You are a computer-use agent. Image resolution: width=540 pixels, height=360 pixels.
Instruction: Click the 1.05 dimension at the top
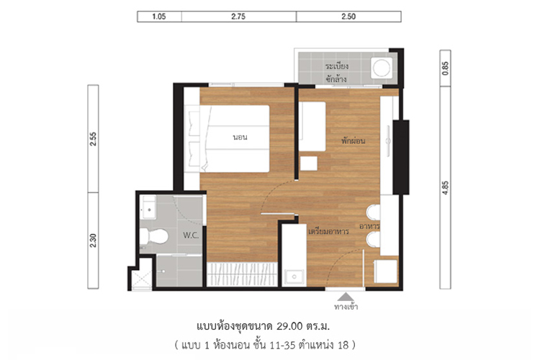point(159,17)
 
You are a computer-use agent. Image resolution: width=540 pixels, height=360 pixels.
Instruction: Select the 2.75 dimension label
point(238,17)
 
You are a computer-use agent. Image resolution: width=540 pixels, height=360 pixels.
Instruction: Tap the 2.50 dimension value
point(348,17)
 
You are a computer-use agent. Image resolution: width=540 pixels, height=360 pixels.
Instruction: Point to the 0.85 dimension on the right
point(445,68)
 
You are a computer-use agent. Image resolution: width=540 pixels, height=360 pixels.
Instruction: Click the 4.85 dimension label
point(445,188)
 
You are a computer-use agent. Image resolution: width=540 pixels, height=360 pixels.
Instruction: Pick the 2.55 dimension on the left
point(93,139)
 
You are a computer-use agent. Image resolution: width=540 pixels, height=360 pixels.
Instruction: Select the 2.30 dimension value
point(93,240)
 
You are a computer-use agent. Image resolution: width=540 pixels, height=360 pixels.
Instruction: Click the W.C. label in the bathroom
point(191,235)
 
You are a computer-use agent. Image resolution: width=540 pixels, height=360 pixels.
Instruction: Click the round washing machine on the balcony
point(382,68)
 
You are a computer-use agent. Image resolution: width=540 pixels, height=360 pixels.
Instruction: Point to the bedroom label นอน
point(240,137)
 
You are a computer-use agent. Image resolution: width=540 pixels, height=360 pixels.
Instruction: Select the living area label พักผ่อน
point(353,140)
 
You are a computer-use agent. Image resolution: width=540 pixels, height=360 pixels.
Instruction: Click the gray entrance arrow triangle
point(346,297)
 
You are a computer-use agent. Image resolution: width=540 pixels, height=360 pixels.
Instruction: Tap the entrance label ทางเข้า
point(346,306)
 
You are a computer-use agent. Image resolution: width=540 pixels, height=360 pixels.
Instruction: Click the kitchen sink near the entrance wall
point(294,276)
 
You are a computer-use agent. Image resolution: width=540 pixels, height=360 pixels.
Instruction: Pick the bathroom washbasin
point(149,207)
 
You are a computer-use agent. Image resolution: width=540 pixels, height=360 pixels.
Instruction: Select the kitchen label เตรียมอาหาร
point(328,232)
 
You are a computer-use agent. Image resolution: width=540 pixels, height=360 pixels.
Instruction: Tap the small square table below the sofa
point(309,163)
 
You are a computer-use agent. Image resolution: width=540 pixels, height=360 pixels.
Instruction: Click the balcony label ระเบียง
point(337,66)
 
